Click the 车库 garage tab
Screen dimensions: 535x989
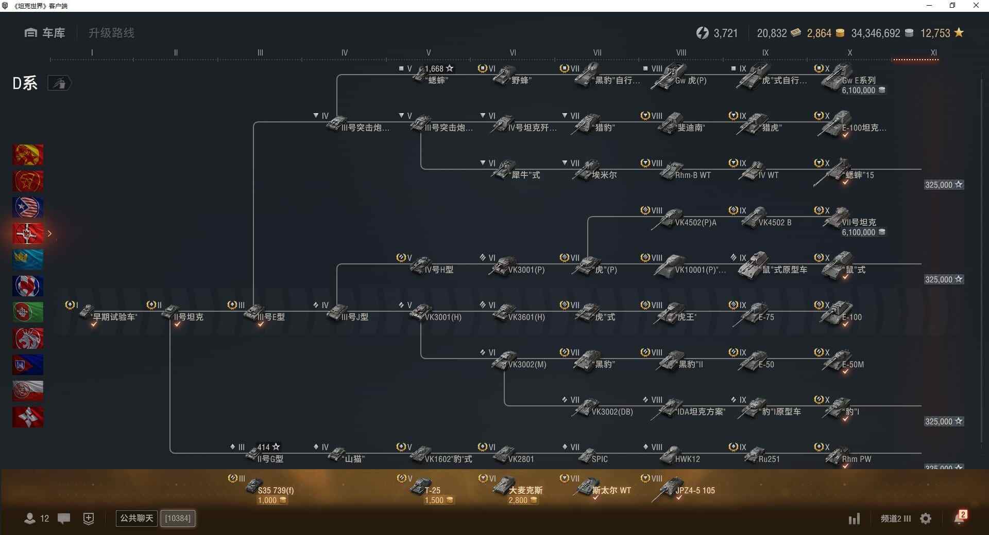point(45,33)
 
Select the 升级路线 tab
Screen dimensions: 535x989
point(111,33)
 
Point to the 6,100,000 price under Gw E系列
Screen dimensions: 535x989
point(859,91)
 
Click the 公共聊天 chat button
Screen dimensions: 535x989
point(137,518)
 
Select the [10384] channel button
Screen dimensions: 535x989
point(178,518)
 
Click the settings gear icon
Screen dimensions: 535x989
point(926,519)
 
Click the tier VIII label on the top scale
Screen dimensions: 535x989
point(681,52)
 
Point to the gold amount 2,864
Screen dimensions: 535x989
point(819,33)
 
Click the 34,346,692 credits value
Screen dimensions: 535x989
point(876,33)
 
